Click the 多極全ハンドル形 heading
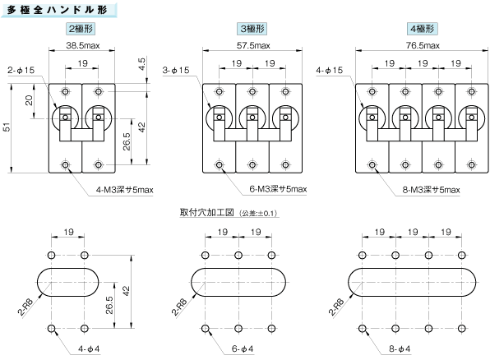pos(58,10)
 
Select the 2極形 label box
pos(81,29)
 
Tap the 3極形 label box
pos(252,29)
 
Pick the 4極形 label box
pos(423,29)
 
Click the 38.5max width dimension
pos(83,46)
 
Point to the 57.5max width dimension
pos(253,46)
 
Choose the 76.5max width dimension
pos(423,46)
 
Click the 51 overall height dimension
pos(7,127)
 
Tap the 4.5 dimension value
pos(141,64)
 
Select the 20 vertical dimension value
pos(29,100)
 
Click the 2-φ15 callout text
pos(21,71)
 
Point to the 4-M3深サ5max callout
pos(125,190)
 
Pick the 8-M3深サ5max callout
pos(431,190)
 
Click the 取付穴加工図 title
pos(207,213)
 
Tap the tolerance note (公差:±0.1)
pos(258,214)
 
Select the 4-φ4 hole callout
pos(89,349)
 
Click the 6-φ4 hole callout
pos(243,349)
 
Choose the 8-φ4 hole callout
pos(400,349)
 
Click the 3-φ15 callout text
pos(176,71)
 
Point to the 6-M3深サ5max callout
pos(278,189)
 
